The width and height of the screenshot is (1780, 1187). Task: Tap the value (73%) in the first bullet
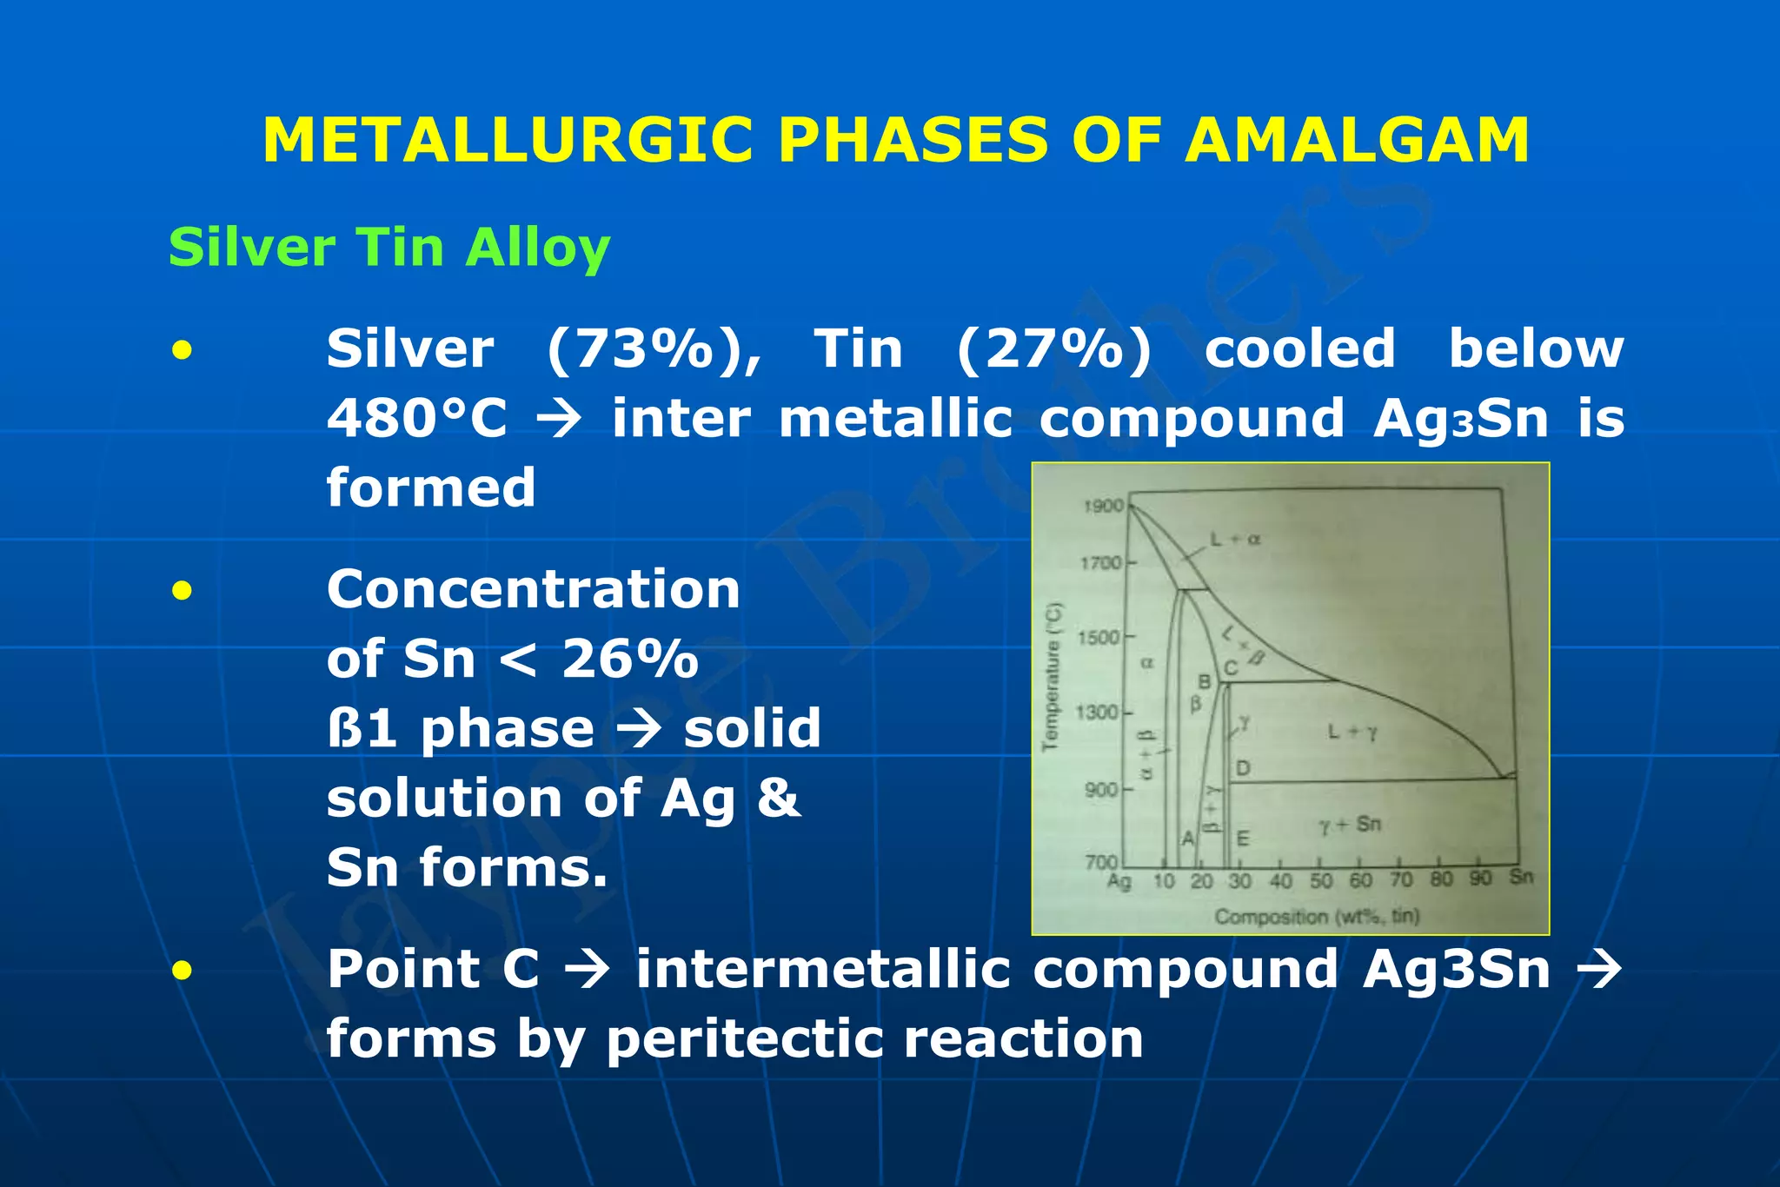click(x=654, y=349)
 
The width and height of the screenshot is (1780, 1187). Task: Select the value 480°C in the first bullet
click(x=416, y=419)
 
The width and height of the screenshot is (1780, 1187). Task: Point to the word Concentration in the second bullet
click(x=533, y=589)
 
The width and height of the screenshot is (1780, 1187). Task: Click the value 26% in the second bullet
click(x=630, y=659)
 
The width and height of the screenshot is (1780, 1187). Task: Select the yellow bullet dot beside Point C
click(x=182, y=970)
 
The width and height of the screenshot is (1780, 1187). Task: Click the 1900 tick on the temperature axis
click(x=1103, y=506)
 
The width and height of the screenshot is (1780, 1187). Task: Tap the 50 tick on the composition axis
click(x=1320, y=881)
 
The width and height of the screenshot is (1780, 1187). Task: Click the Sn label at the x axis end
click(x=1521, y=877)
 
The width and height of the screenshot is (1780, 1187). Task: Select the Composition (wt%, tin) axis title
click(x=1317, y=916)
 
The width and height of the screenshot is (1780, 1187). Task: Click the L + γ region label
click(x=1352, y=733)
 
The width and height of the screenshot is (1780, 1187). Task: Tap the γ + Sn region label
click(x=1349, y=824)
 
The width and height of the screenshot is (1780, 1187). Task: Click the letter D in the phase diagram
click(x=1243, y=768)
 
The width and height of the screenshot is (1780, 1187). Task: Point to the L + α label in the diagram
click(x=1236, y=539)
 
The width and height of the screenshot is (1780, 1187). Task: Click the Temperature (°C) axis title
click(x=1053, y=676)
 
